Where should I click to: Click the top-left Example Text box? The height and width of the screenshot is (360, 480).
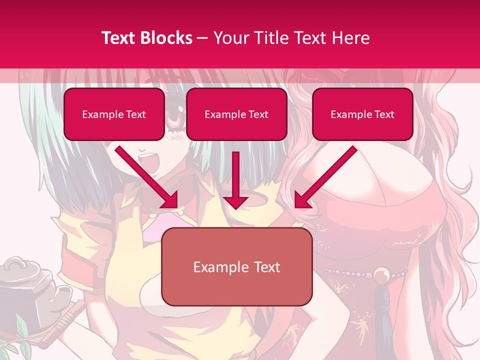click(114, 114)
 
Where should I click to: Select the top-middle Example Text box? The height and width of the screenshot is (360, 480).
click(236, 114)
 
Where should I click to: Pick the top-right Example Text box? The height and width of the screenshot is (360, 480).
click(362, 114)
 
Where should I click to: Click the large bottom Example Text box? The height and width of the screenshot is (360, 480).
click(236, 267)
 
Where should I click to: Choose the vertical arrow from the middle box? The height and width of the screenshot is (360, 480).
click(236, 180)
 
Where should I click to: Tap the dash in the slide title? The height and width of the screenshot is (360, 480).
click(203, 38)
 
